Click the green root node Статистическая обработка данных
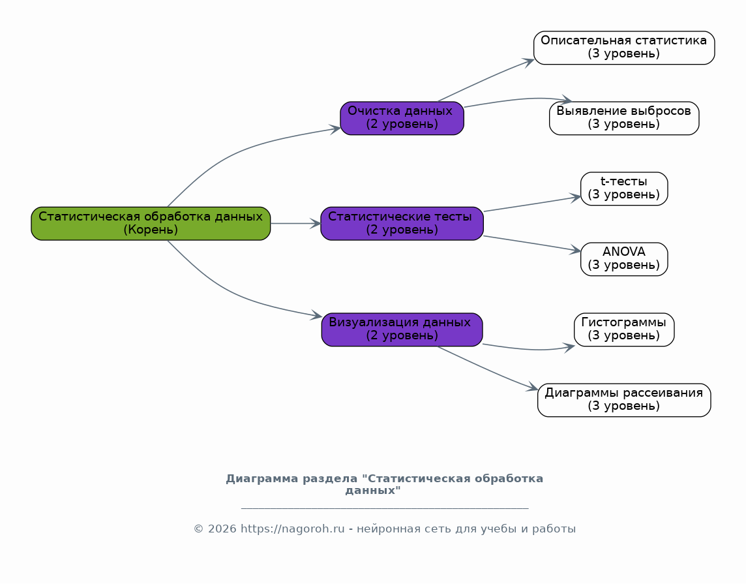point(151,223)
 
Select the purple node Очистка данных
point(402,118)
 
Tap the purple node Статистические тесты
point(402,223)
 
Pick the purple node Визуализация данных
point(402,330)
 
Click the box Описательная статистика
point(624,48)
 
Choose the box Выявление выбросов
point(624,118)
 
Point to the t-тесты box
point(624,189)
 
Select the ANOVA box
point(624,259)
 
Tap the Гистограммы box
point(624,330)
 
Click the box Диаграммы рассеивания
point(624,400)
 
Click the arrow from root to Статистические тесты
point(295,223)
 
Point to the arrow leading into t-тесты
point(532,204)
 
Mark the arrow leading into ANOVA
point(532,243)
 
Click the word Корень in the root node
point(151,230)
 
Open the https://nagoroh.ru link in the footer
point(292,529)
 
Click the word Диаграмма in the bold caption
point(255,479)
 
